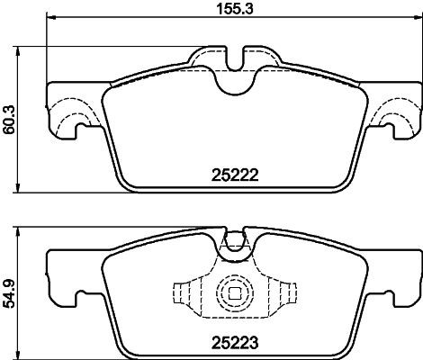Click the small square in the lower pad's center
point(234,292)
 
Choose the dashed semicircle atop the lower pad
point(234,241)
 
